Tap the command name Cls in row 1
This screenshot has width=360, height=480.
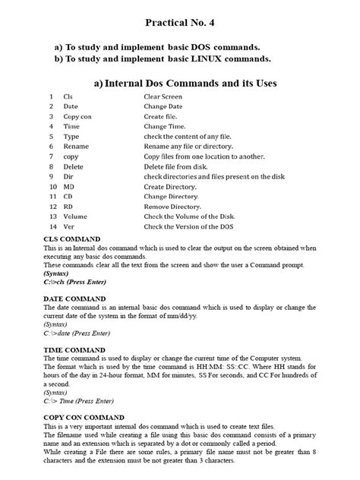coord(68,98)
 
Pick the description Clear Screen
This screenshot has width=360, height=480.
coord(164,98)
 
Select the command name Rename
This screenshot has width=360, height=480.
coord(76,144)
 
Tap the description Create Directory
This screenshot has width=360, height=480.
coord(170,186)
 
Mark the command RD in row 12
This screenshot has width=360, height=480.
coord(68,207)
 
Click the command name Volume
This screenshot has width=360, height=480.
coord(76,216)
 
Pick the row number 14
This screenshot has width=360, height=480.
coord(52,227)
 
